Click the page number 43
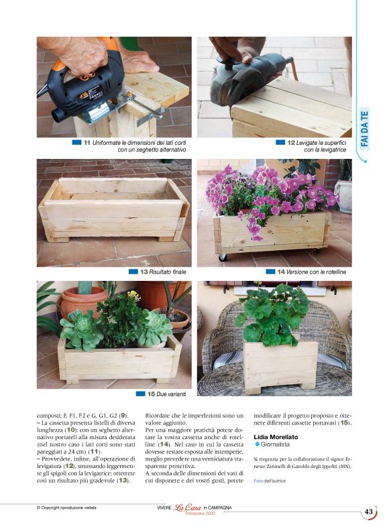[369, 512]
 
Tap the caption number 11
[87, 143]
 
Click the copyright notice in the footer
[67, 508]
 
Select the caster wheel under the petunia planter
[222, 257]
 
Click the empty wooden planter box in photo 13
[113, 208]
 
